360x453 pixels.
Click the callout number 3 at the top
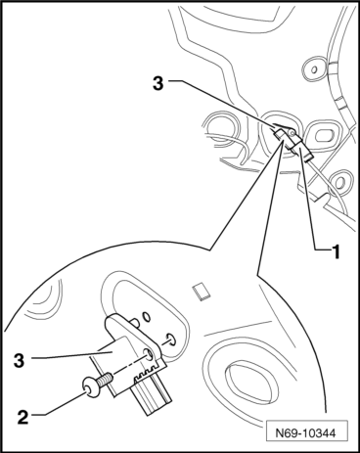click(158, 84)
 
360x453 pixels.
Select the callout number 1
click(336, 252)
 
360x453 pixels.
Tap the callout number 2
click(22, 418)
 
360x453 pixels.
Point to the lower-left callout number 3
click(20, 361)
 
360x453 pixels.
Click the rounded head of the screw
click(90, 387)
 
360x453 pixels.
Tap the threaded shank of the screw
click(105, 380)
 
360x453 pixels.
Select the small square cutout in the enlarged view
click(202, 291)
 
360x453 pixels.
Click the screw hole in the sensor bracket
click(150, 354)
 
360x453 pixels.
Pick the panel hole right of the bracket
click(171, 340)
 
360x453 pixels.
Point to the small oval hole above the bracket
click(147, 317)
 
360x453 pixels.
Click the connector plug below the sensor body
click(152, 396)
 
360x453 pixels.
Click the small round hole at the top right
click(314, 69)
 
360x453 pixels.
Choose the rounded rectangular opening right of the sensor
click(324, 134)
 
